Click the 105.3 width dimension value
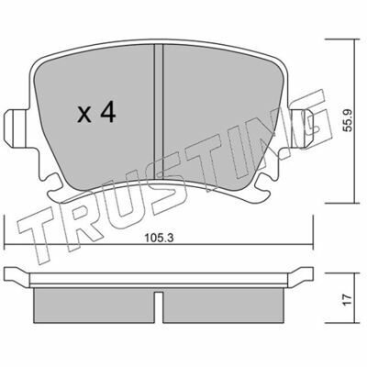159,238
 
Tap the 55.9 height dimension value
348,121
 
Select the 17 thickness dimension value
347,300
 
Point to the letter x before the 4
84,115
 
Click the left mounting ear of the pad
17,128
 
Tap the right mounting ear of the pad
301,128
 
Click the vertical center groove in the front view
159,112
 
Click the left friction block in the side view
94,306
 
